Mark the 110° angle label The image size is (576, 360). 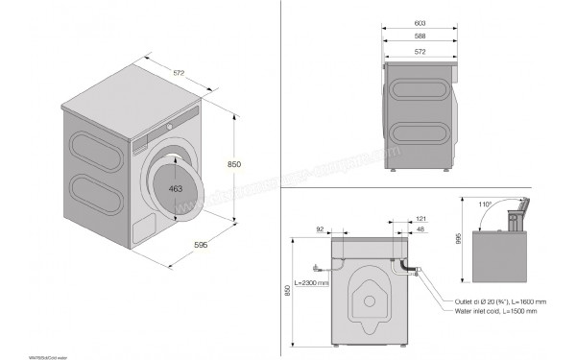click(488, 204)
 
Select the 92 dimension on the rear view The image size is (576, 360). click(320, 228)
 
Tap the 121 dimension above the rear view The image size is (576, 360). click(408, 219)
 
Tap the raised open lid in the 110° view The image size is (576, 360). click(520, 207)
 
